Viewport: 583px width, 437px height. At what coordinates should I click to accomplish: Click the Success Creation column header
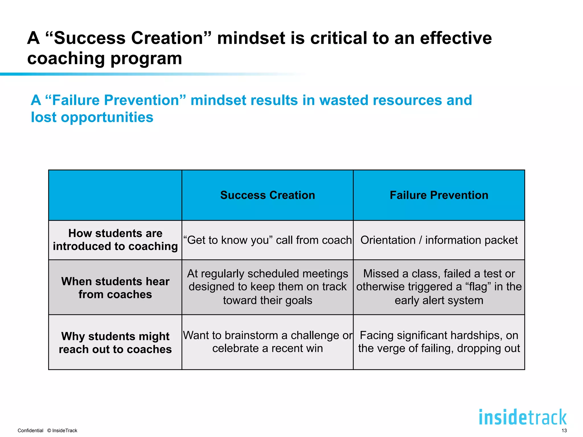(268, 195)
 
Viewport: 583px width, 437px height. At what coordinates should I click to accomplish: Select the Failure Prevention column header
(439, 195)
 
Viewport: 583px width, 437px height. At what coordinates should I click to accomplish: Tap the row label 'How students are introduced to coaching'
(115, 240)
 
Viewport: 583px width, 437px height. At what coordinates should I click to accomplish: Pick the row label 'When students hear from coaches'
(115, 288)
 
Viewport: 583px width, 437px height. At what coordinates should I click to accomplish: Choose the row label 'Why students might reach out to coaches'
(115, 343)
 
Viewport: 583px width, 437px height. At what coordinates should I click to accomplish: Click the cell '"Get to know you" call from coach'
(268, 240)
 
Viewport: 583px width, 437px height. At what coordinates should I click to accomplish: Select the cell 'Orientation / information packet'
(439, 240)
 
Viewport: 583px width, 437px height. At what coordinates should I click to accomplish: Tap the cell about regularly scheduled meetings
(268, 287)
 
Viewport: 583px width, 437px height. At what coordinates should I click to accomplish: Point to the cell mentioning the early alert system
(439, 287)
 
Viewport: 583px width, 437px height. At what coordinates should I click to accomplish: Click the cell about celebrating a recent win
(268, 342)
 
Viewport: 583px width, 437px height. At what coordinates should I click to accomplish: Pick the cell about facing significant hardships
(439, 342)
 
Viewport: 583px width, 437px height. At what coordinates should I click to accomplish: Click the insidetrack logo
(523, 417)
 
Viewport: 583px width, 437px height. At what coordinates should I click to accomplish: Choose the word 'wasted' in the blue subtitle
(343, 100)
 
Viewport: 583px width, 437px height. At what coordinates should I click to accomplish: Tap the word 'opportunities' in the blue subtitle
(107, 117)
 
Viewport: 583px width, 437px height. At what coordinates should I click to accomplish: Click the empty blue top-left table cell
(115, 195)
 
